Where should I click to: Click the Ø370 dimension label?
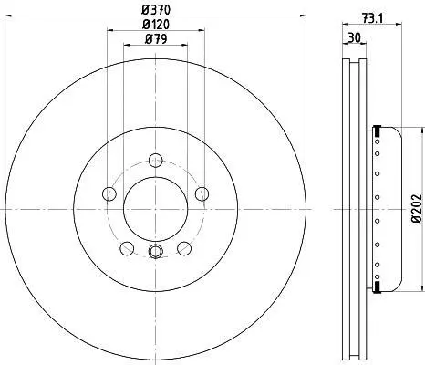click(x=156, y=10)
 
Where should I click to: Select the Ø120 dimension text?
click(x=156, y=25)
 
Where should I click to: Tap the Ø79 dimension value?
click(x=156, y=39)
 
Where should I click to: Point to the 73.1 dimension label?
click(x=372, y=18)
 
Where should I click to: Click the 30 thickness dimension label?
click(x=354, y=38)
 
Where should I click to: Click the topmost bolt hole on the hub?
click(x=156, y=161)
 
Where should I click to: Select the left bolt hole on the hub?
click(x=109, y=193)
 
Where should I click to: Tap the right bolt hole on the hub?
click(x=202, y=193)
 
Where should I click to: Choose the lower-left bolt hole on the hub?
click(x=127, y=248)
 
